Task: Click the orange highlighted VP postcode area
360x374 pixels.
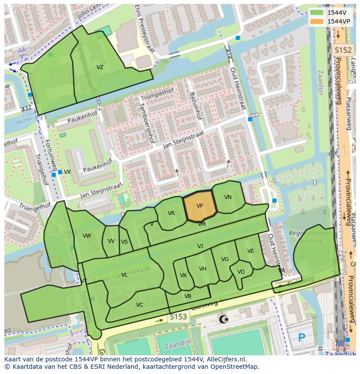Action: point(200,206)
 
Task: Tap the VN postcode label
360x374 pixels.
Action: point(228,197)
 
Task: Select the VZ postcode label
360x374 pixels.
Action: point(100,67)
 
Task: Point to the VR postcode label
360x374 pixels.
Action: point(171,213)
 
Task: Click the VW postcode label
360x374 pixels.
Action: point(87,236)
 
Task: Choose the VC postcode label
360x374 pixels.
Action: point(140,305)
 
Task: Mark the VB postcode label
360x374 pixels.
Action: point(188,296)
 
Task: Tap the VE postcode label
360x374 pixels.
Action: point(251,251)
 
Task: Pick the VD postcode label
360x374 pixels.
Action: point(241,272)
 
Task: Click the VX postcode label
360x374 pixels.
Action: point(67,172)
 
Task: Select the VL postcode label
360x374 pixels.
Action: point(124,275)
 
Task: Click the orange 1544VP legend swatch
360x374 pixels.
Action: point(317,21)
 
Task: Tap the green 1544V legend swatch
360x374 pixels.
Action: point(317,13)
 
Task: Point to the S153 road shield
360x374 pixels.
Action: point(178,317)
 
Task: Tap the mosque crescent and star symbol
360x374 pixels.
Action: point(224,320)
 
